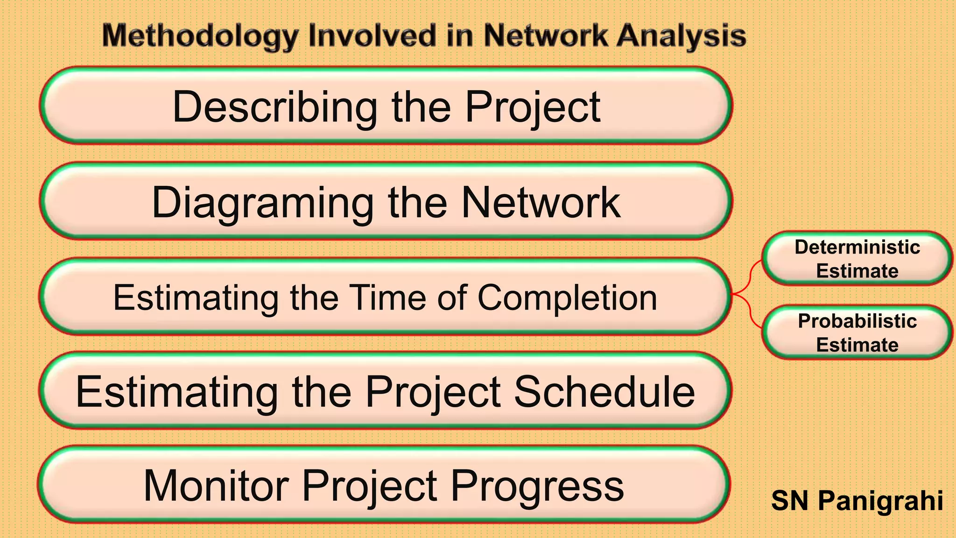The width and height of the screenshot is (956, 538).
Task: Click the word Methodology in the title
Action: coord(200,36)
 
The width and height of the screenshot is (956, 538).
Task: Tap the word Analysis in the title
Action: coord(681,36)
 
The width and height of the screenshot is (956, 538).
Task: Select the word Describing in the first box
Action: coord(275,107)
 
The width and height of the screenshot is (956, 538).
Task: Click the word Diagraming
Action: coord(263,203)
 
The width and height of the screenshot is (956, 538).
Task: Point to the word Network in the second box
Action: coord(541,203)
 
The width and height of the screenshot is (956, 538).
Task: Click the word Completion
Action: coord(567,297)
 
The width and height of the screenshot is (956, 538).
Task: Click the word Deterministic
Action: coord(857,247)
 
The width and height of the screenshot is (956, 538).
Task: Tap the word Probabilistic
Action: coord(857,321)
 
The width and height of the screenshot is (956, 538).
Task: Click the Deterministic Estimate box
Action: coord(857,258)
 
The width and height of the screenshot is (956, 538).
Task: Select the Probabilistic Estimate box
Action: coord(857,333)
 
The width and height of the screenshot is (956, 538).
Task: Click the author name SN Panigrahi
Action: coord(857,501)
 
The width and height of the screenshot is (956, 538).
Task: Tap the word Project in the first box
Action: coord(533,107)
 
